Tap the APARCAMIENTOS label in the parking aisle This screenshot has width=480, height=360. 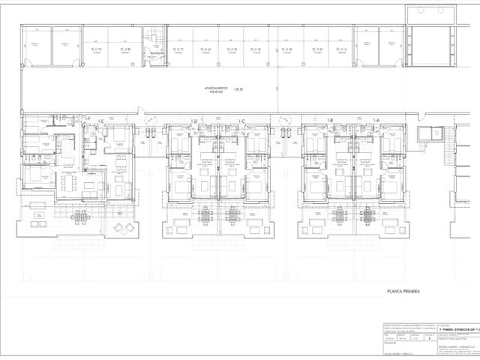219,89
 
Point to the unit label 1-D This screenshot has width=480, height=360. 193,121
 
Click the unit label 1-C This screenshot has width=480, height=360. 242,121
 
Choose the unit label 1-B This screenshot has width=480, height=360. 330,121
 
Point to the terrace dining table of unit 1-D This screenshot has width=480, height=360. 206,215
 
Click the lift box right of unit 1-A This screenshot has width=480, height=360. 434,133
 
